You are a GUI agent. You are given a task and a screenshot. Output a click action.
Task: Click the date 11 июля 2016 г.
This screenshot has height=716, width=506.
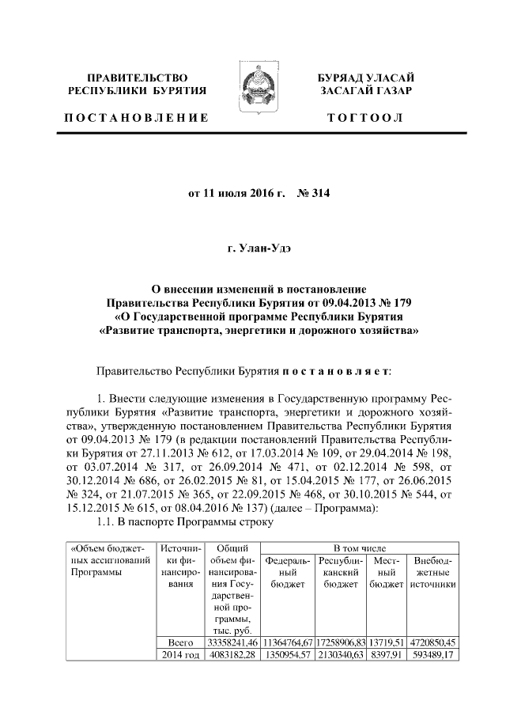click(x=236, y=191)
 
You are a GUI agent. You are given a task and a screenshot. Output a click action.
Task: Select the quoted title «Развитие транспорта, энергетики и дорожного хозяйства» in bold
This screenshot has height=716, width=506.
click(x=253, y=331)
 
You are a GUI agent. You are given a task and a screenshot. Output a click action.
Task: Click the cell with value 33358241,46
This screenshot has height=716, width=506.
click(x=232, y=643)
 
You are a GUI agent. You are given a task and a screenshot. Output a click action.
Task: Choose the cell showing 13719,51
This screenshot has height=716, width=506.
click(x=386, y=643)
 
